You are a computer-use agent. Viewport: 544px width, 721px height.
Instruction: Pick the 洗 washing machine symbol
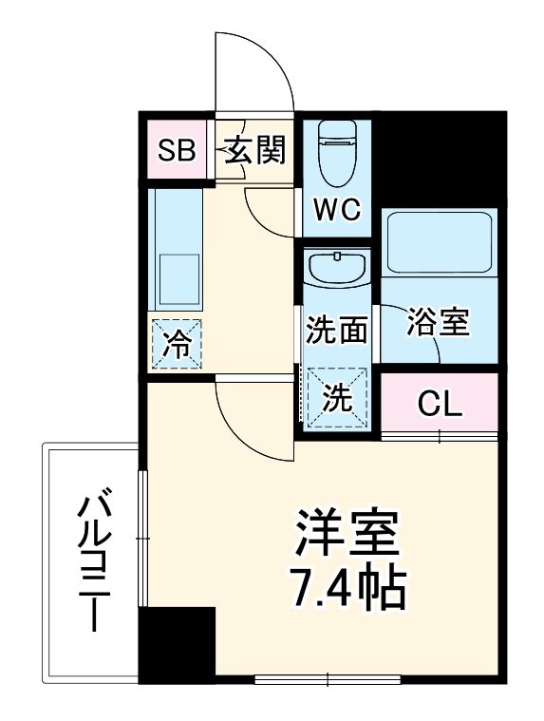337,398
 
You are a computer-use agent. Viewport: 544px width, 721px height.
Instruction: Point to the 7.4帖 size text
347,591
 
